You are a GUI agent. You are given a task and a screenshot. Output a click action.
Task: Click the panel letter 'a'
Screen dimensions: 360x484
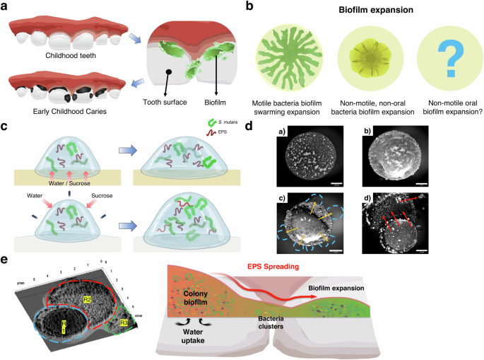point(6,7)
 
